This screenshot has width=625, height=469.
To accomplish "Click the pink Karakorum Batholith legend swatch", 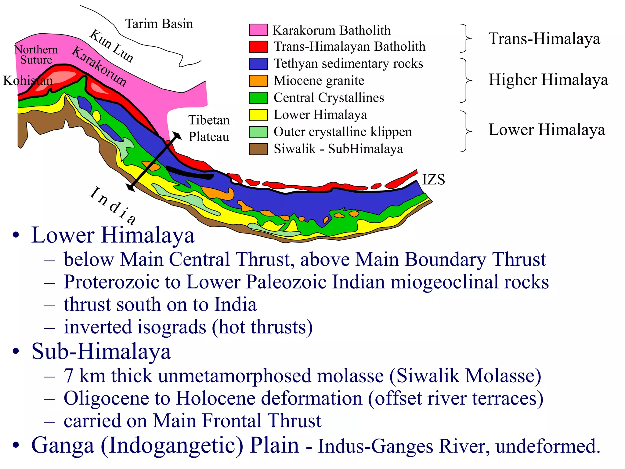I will tap(258, 30).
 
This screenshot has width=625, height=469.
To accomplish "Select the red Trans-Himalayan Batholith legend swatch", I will tap(258, 47).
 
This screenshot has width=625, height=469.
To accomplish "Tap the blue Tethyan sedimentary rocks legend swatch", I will tap(258, 64).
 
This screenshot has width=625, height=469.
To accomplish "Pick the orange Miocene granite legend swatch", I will tap(258, 81).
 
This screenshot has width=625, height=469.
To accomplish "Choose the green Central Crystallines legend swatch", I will tap(258, 98).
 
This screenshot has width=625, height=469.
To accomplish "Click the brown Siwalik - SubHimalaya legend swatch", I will tap(258, 149).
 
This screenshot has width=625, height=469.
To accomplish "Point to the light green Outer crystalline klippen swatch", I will tap(258, 132).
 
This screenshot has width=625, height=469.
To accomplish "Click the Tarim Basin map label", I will tap(159, 24).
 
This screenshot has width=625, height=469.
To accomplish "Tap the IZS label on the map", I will tap(433, 180).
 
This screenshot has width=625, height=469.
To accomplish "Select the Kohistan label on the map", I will tap(28, 81).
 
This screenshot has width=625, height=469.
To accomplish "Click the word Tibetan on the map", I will tap(209, 120).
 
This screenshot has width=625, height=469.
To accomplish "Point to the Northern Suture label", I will tap(36, 55).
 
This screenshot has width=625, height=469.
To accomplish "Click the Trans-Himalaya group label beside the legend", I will tap(544, 39).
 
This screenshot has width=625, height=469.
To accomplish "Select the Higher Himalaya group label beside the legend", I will tap(548, 80).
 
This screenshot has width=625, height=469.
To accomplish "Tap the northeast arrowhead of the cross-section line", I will tap(177, 135).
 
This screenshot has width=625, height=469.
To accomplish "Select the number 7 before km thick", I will tap(68, 376).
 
